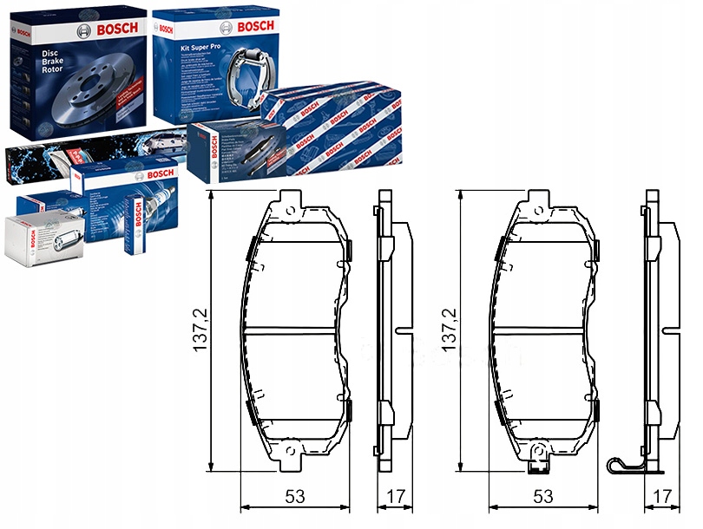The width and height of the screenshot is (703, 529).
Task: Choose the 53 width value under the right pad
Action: [543, 497]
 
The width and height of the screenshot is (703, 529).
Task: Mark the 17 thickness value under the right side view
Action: [661, 497]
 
